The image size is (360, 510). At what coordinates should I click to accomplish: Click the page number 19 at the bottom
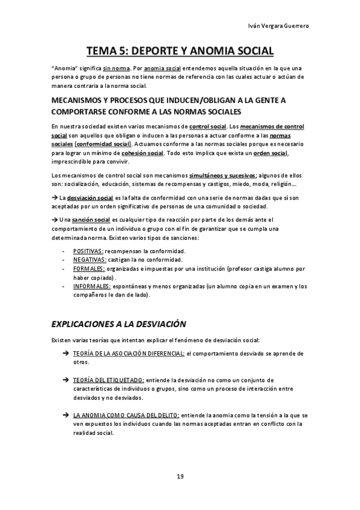(180, 476)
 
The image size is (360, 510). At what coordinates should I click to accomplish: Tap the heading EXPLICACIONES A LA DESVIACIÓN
(118, 324)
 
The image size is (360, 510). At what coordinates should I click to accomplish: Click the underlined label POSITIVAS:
(88, 250)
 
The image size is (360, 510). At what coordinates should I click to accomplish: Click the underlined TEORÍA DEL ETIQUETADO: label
(109, 380)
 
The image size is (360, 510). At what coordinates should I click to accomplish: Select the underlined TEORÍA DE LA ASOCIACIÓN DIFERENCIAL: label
(129, 354)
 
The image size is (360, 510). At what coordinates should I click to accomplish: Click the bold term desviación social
(90, 197)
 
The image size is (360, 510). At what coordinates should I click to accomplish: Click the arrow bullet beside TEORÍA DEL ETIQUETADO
(65, 380)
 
